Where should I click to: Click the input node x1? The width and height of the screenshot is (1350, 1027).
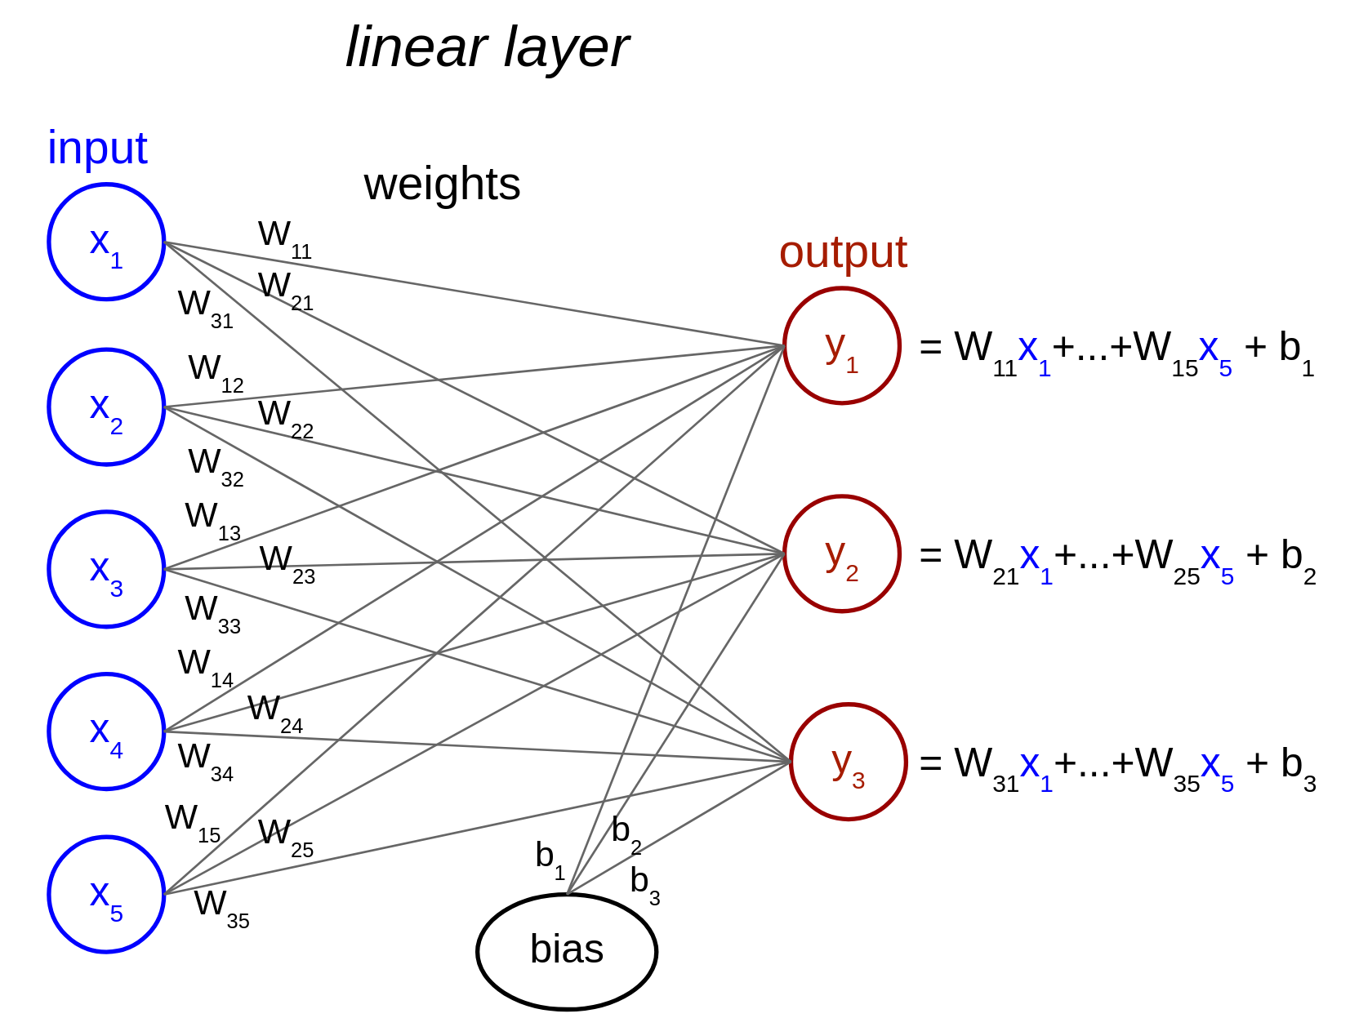tap(106, 242)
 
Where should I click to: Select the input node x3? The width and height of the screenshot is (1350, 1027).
tap(106, 569)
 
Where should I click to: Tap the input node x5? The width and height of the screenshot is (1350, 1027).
tap(106, 894)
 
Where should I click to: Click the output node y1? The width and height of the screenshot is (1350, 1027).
tap(841, 345)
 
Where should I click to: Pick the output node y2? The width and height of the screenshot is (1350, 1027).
tap(841, 554)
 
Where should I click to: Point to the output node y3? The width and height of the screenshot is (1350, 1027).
tap(848, 762)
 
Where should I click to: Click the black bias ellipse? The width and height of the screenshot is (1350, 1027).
tap(567, 952)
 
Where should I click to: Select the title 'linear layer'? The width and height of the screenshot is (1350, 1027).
tap(487, 47)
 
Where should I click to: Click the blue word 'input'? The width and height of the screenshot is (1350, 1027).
tap(97, 149)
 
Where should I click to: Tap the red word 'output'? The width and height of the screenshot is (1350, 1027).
tap(843, 251)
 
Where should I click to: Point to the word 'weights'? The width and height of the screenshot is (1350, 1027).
tap(442, 185)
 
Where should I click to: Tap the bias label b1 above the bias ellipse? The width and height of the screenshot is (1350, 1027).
tap(550, 859)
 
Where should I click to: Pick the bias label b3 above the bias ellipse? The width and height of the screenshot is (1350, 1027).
tap(644, 884)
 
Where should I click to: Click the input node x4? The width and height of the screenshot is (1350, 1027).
tap(106, 731)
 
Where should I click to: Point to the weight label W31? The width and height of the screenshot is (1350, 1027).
tap(205, 307)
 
